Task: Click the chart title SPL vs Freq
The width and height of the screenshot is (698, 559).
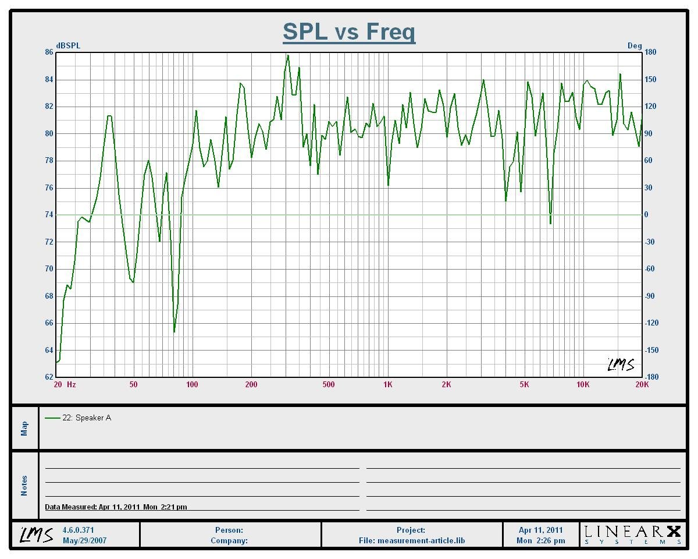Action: pos(349,31)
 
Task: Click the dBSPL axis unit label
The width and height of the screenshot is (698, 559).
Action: pos(68,45)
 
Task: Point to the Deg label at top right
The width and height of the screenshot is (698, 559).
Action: pos(634,45)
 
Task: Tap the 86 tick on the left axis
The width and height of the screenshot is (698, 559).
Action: pos(49,52)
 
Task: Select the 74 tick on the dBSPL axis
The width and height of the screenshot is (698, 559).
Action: pos(49,215)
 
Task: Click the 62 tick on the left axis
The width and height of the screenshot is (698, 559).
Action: pos(49,377)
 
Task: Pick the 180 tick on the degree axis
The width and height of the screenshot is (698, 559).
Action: pos(650,52)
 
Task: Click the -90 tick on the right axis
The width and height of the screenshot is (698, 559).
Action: pos(650,296)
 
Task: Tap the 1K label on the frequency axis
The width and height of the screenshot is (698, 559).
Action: pos(388,384)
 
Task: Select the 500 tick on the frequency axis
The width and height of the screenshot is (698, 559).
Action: pos(329,384)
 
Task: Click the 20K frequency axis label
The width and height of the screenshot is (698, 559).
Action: pos(642,384)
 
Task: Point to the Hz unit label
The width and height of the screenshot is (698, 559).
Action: pos(71,384)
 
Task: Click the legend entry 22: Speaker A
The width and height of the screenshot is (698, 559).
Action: pos(86,418)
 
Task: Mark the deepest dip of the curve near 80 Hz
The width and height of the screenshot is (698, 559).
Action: pos(174,332)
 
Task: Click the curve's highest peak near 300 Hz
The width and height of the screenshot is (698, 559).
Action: pos(287,56)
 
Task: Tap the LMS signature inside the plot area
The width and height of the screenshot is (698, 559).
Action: pos(620,365)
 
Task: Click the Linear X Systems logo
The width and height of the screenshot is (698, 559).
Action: pos(632,534)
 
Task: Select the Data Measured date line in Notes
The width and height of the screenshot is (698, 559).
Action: pos(116,507)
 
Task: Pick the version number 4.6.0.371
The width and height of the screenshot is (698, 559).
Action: pos(78,530)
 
